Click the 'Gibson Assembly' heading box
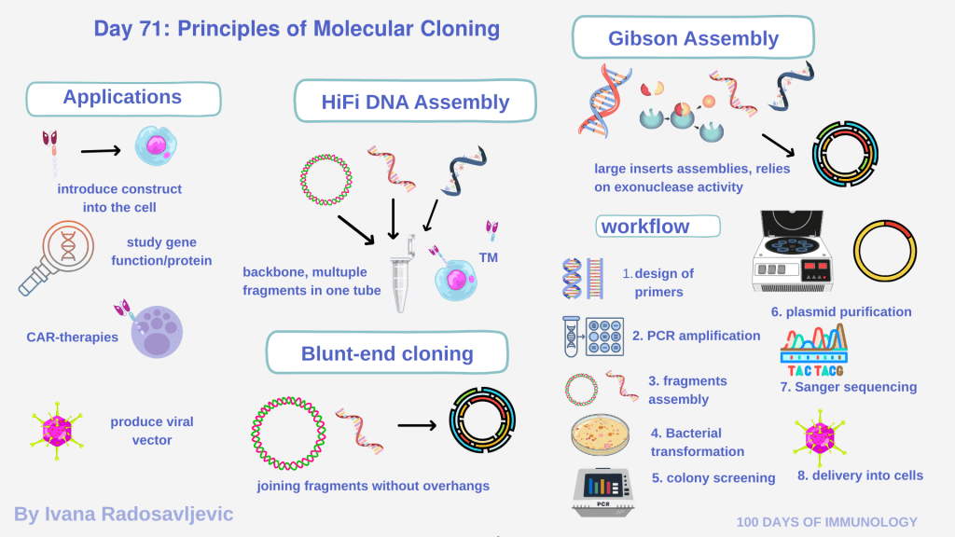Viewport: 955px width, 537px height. point(693,39)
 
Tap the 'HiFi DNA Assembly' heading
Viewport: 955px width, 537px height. point(416,102)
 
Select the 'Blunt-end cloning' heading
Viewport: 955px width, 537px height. point(387,353)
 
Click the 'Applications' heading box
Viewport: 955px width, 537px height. point(123,97)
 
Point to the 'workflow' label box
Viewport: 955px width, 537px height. point(658,227)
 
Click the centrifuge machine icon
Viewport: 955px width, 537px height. point(797,247)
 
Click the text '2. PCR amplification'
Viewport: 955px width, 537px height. point(696,336)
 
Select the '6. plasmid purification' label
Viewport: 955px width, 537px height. point(840,311)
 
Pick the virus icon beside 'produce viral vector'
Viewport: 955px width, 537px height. point(58,432)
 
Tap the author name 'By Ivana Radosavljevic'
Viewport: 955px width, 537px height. point(123,514)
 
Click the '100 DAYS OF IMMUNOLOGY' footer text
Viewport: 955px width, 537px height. point(826,522)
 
